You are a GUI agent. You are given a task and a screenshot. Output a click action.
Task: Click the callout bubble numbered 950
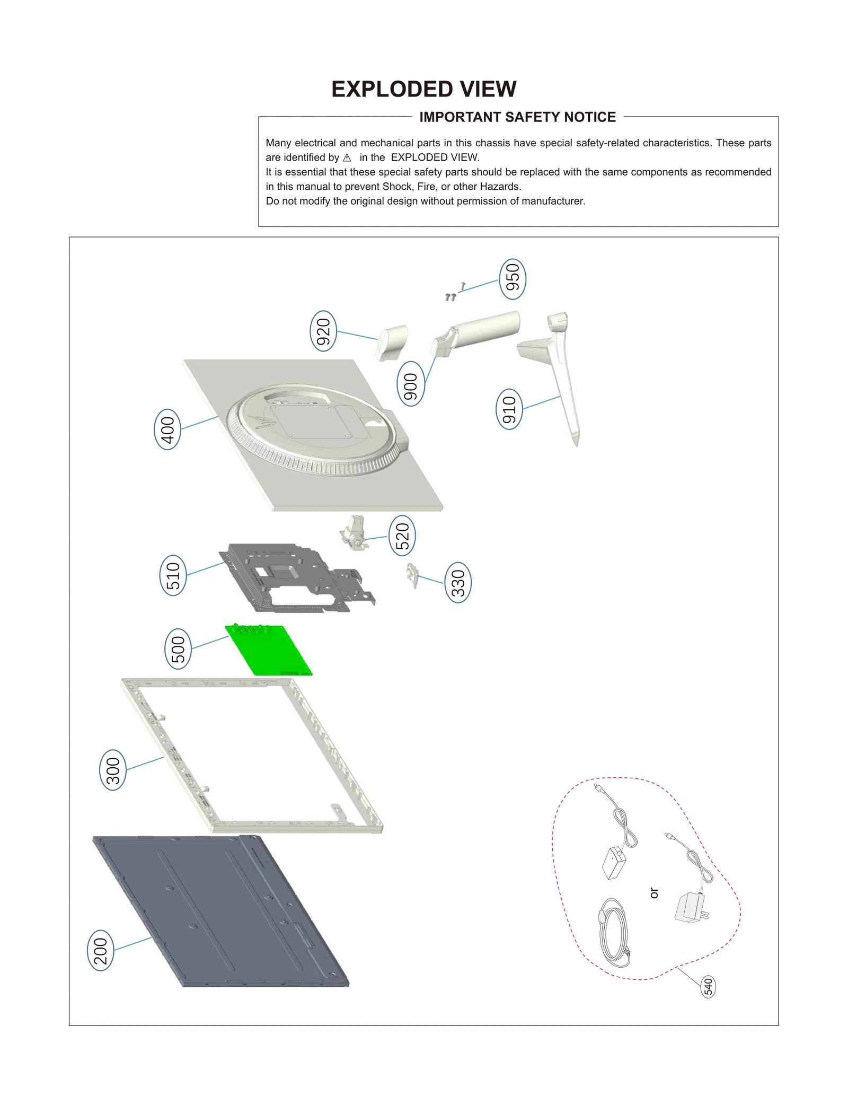(x=512, y=279)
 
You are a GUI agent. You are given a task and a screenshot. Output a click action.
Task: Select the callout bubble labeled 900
(x=410, y=383)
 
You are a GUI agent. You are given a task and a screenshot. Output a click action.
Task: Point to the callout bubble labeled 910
(x=509, y=409)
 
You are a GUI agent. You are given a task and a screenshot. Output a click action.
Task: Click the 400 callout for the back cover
(x=167, y=429)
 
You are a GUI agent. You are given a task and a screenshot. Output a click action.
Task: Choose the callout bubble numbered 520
(x=402, y=535)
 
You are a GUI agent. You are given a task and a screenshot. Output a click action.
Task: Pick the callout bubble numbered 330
(x=458, y=582)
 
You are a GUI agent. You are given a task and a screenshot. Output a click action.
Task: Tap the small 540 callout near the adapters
(x=708, y=986)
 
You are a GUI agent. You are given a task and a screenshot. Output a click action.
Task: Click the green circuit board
(x=269, y=650)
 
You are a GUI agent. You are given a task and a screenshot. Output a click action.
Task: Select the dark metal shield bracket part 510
(x=297, y=578)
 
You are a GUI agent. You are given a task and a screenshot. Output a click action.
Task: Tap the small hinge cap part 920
(x=392, y=341)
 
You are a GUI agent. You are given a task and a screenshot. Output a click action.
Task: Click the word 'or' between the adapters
(x=654, y=893)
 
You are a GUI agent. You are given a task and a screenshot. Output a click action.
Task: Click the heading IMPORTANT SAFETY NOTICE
(x=517, y=117)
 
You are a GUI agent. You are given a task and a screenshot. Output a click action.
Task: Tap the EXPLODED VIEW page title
(x=423, y=89)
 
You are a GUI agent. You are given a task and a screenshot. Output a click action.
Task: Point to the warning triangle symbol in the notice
(x=347, y=157)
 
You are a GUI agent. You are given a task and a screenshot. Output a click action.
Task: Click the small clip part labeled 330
(x=412, y=575)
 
